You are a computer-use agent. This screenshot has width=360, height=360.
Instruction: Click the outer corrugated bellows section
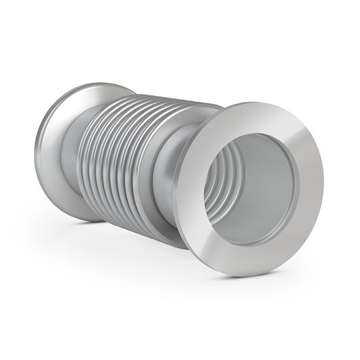click(128, 155)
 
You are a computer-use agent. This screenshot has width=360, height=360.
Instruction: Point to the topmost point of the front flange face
click(263, 103)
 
